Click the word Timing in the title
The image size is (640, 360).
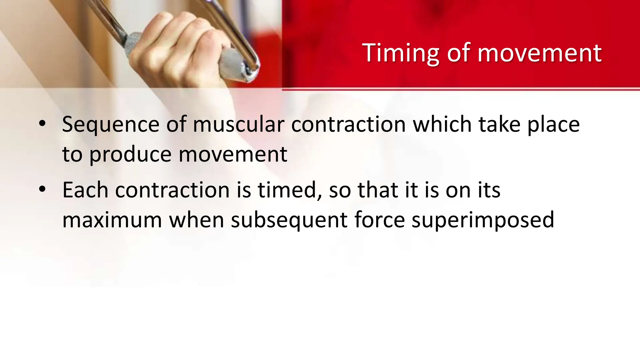click(401, 53)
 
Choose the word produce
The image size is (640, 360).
click(130, 155)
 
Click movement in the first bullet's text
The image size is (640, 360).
click(233, 155)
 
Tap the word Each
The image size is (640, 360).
click(85, 190)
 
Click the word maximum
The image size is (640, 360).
click(112, 220)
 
